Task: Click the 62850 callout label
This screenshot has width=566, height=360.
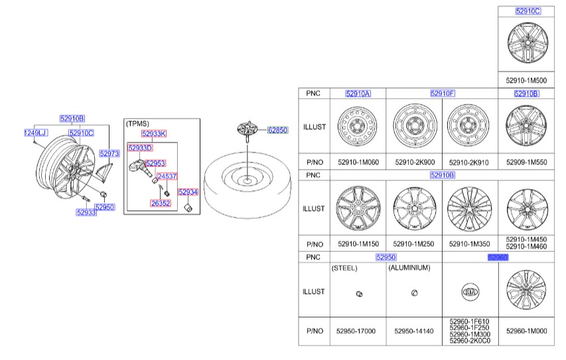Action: pyautogui.click(x=277, y=130)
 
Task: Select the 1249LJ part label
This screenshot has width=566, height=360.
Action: pyautogui.click(x=36, y=133)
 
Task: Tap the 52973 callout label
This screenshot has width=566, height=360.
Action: pyautogui.click(x=109, y=153)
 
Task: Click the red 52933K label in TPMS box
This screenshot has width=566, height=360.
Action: pyautogui.click(x=154, y=134)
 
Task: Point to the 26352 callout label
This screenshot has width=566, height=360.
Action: pyautogui.click(x=161, y=203)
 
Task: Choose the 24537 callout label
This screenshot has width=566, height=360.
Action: pyautogui.click(x=167, y=176)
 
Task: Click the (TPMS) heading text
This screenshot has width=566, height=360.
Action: pyautogui.click(x=137, y=124)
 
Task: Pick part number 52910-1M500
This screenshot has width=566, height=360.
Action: pyautogui.click(x=526, y=80)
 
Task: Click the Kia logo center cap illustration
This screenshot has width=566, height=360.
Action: pyautogui.click(x=470, y=292)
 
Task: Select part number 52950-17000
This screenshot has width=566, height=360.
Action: pyautogui.click(x=356, y=331)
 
